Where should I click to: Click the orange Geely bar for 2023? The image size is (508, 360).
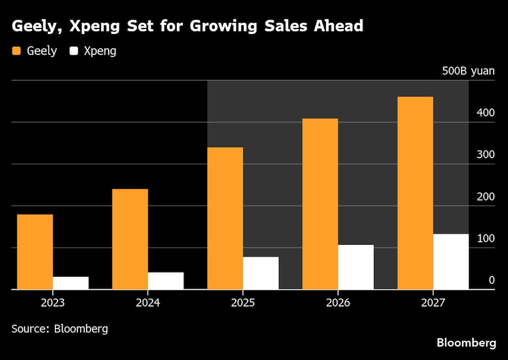click(x=35, y=252)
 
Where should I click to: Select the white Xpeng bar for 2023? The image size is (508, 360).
click(x=71, y=283)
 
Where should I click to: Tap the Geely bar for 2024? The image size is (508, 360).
click(x=130, y=239)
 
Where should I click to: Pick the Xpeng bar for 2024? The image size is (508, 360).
click(x=166, y=281)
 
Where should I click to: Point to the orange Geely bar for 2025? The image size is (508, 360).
click(x=225, y=218)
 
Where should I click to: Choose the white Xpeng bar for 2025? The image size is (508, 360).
click(x=261, y=273)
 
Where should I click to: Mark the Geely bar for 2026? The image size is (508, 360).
click(x=320, y=204)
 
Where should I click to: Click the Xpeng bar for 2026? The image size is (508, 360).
click(x=356, y=267)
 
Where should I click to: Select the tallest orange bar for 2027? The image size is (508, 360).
click(x=415, y=193)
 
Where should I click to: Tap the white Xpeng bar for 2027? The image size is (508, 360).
click(x=451, y=261)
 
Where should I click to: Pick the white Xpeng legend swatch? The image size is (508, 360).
click(x=75, y=51)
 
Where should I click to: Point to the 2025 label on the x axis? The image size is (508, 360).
click(x=242, y=303)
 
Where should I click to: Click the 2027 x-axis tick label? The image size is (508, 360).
click(x=432, y=303)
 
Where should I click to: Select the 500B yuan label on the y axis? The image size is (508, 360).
click(x=468, y=71)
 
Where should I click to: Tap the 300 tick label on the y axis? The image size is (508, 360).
click(x=485, y=154)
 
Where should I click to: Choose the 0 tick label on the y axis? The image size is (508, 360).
click(x=491, y=280)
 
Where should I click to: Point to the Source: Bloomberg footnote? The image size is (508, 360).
click(x=60, y=329)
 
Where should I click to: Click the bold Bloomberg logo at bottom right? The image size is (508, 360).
click(x=466, y=343)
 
